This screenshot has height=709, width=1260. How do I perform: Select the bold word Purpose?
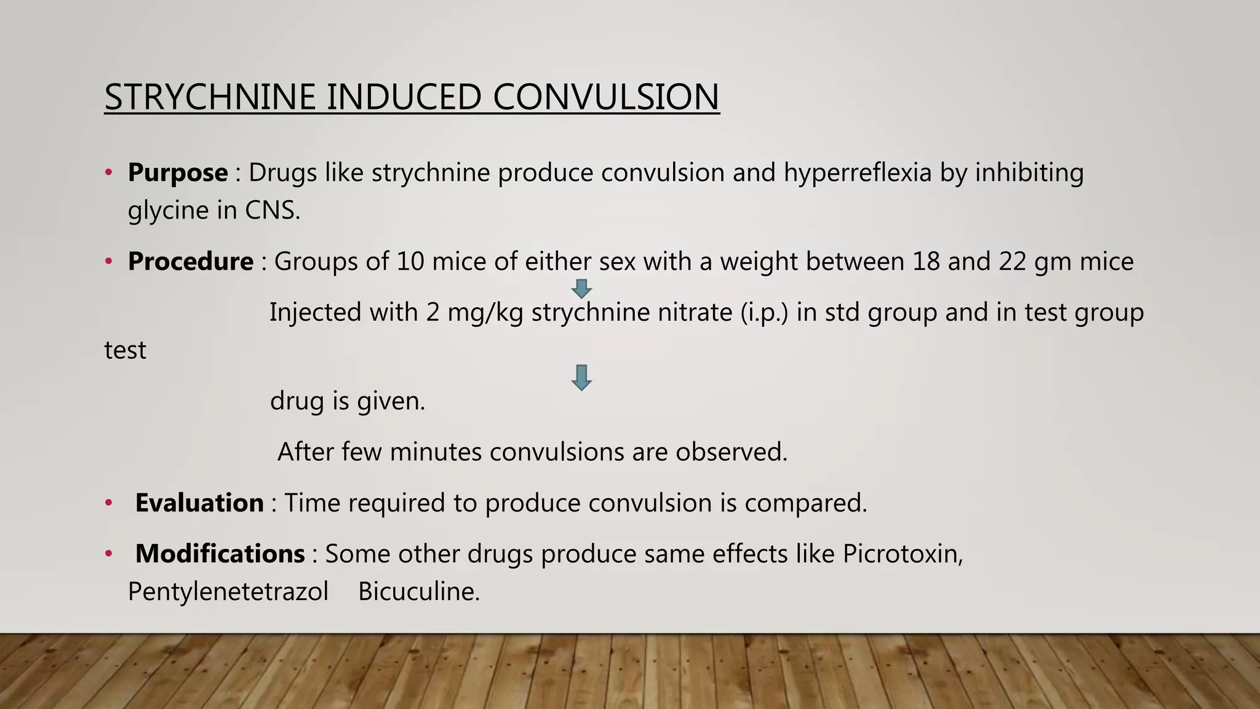[177, 172]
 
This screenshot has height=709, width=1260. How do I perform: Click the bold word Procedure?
[190, 262]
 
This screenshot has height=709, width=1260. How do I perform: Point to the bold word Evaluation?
[199, 503]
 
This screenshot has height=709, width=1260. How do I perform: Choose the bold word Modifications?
[220, 553]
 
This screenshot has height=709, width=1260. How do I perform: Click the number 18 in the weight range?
[926, 262]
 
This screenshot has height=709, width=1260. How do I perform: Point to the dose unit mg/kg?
[485, 313]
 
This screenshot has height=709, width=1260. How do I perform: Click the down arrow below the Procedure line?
[581, 289]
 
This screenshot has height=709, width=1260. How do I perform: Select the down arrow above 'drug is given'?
[581, 377]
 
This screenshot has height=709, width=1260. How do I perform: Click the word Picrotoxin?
[902, 553]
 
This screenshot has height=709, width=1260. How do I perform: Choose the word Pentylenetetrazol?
[228, 591]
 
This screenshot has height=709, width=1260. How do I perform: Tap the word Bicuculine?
[418, 591]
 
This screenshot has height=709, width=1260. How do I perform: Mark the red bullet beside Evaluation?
[109, 503]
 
